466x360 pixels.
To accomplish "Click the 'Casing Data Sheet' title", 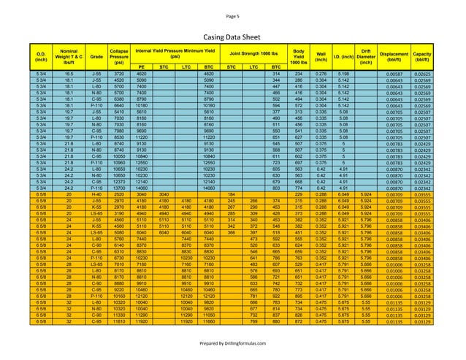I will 232,35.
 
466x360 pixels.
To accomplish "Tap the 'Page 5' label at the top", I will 232,15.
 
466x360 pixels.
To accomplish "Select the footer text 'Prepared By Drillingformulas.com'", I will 232,343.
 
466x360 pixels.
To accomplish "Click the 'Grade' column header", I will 96,55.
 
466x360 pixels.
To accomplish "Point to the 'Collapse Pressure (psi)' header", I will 118,55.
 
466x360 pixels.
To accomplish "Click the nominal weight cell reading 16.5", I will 68,74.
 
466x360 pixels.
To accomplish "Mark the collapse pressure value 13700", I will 118,188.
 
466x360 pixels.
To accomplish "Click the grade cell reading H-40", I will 96,195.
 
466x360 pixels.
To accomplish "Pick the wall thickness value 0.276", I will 321,74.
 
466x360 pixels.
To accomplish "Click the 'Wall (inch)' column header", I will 321,55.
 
